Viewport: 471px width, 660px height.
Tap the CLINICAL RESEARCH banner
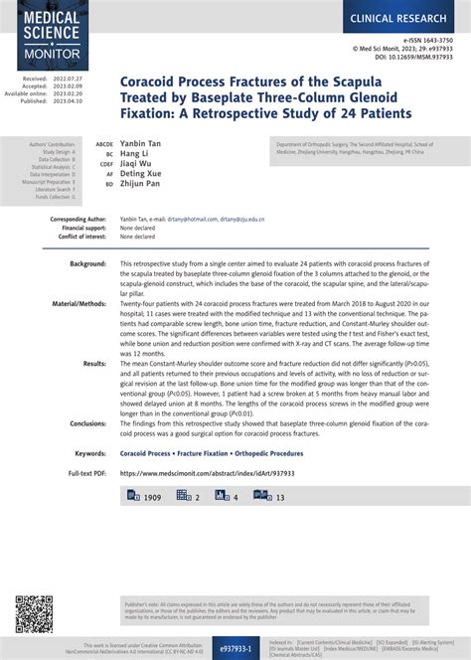click(x=401, y=19)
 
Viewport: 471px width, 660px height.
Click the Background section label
click(x=87, y=263)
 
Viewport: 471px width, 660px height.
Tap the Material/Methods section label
click(x=78, y=301)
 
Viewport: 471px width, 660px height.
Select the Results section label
click(x=94, y=364)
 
